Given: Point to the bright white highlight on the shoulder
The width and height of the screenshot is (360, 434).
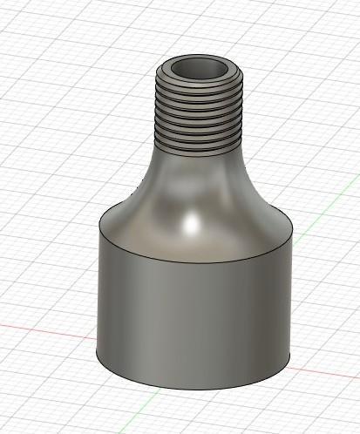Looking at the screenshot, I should point(189,224).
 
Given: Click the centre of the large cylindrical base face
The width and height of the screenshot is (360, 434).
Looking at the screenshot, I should point(192,314).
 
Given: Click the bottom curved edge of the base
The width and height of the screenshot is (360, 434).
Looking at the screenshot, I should point(192,389).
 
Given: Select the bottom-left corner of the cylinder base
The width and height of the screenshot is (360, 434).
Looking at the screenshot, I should point(96,353).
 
